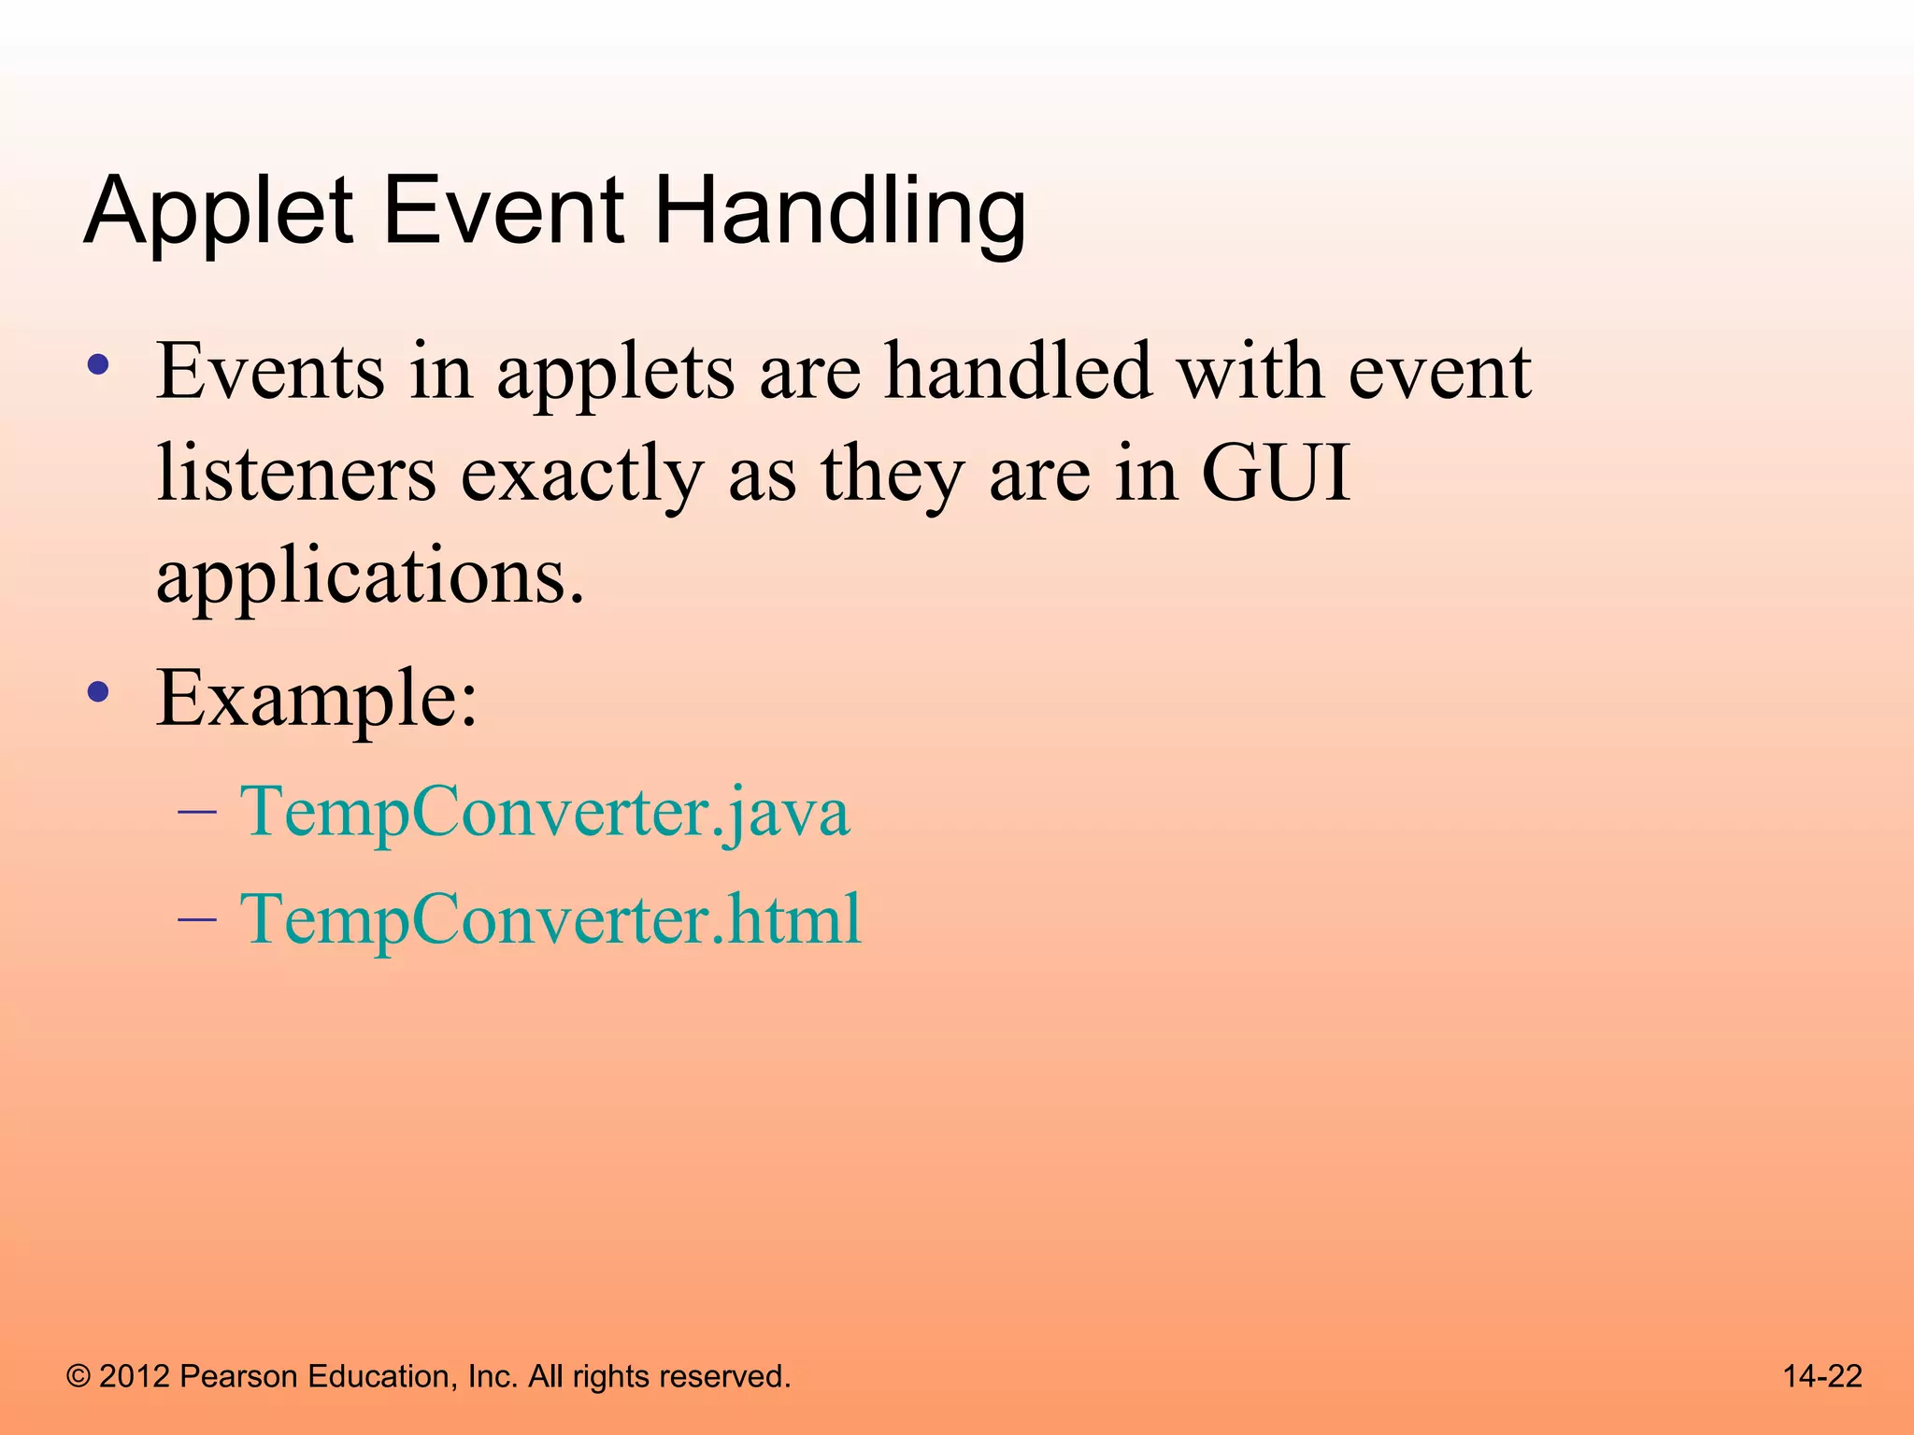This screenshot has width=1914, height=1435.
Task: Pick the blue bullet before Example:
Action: coord(98,693)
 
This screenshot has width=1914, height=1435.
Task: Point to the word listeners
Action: coord(296,474)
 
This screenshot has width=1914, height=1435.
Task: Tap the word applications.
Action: coord(370,576)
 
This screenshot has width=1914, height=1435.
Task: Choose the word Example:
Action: coord(317,699)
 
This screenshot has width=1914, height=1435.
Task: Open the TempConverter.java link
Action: coord(545,812)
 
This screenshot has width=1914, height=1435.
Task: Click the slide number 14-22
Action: coord(1821,1376)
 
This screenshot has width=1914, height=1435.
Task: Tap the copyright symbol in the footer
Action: coord(79,1377)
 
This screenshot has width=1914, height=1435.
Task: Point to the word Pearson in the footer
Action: coord(237,1377)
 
